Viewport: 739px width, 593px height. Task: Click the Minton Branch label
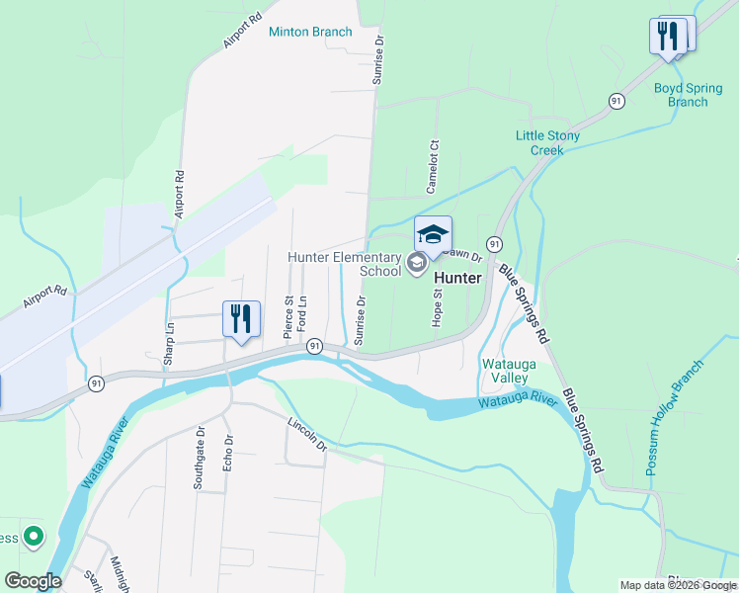coord(310,32)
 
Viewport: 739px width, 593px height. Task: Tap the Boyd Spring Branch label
coord(681,94)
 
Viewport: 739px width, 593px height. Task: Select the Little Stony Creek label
coord(546,142)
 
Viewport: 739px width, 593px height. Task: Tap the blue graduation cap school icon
coord(433,234)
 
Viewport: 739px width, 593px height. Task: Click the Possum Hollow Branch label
coord(675,417)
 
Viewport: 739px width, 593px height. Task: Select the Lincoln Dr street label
coord(307,434)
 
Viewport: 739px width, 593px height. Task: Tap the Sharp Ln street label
coord(170,341)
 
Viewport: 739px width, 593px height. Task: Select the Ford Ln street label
coord(303,314)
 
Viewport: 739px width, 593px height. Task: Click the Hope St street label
coord(437,307)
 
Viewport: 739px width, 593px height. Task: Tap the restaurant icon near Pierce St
coord(241,318)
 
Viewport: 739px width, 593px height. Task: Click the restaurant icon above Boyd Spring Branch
coord(669,37)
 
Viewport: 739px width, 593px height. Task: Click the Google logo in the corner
coord(33,581)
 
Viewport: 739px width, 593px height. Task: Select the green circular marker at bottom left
coord(34,537)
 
